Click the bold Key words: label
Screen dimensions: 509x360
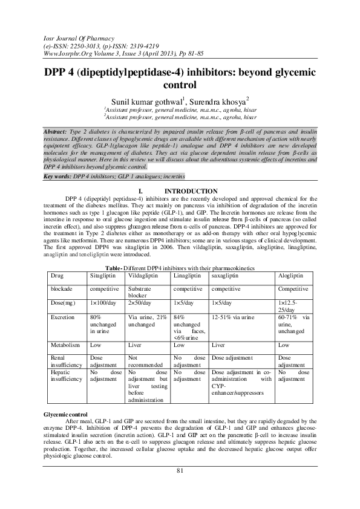pyautogui.click(x=57, y=175)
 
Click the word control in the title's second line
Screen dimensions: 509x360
pyautogui.click(x=180, y=85)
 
